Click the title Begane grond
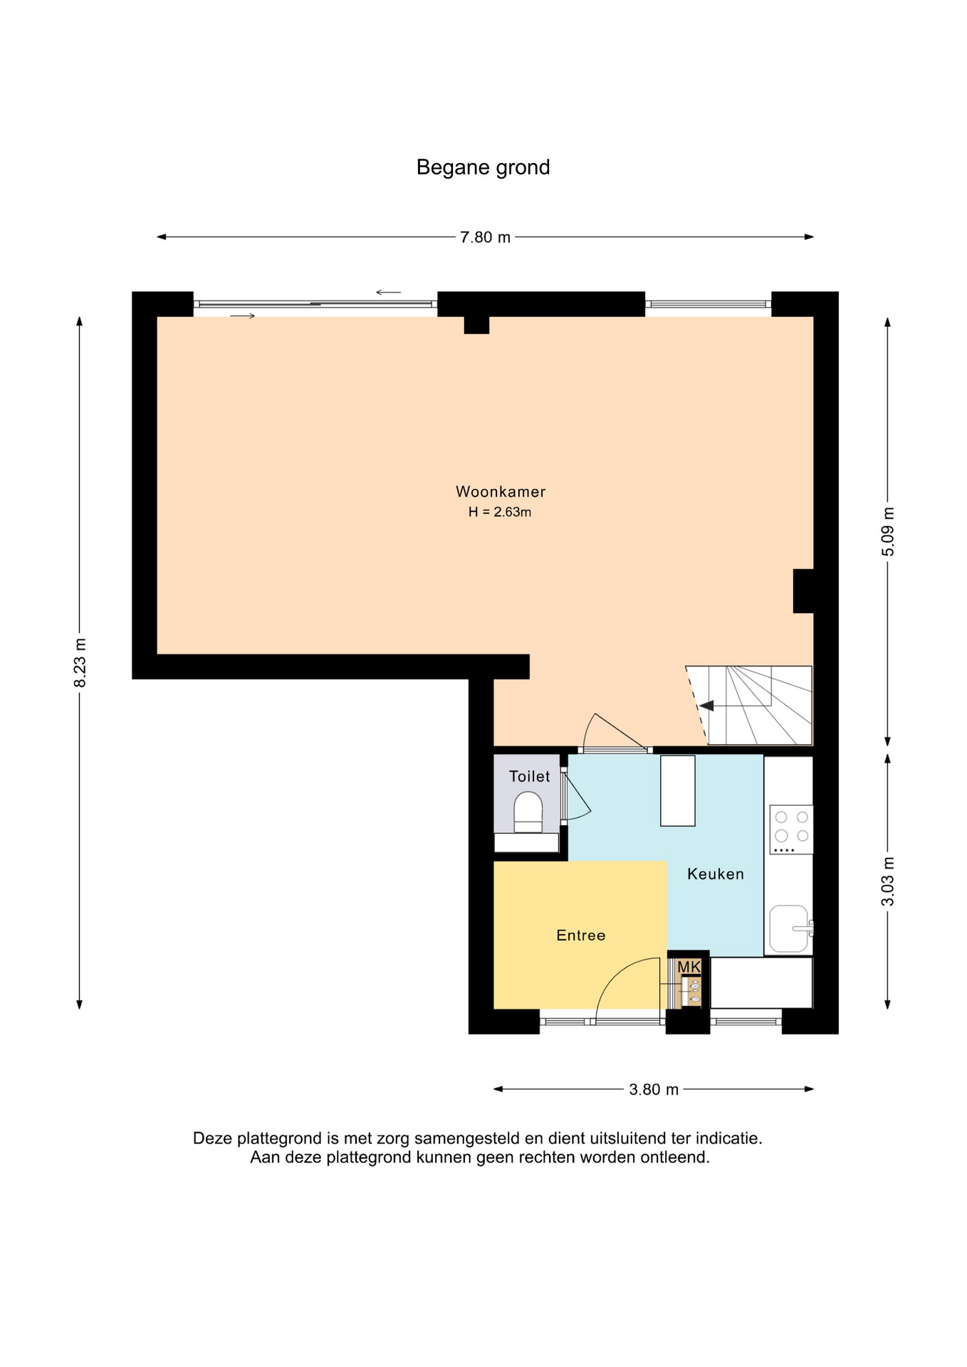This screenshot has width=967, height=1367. coord(483,167)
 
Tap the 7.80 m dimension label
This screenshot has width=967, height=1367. coord(485,237)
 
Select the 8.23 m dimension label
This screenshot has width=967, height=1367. coord(80,663)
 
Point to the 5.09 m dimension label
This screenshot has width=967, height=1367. coord(888,533)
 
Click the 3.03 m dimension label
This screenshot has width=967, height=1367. coord(888,881)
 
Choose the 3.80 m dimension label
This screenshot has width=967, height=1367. coord(654,1089)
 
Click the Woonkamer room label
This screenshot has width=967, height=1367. coord(501,491)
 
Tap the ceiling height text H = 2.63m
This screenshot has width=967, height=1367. coord(500,512)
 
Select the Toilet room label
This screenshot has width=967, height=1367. coord(530,776)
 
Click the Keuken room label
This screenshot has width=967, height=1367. coord(716,874)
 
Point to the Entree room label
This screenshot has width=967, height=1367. coord(581,936)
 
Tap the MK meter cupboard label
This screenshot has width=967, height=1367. coord(689,967)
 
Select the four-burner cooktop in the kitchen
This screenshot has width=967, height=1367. coord(792,829)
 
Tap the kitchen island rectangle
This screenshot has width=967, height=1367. coord(678,790)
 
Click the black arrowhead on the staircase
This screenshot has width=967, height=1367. coord(706,706)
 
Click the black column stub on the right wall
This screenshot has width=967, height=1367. coord(804,591)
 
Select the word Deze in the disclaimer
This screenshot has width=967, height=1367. coord(212,1138)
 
